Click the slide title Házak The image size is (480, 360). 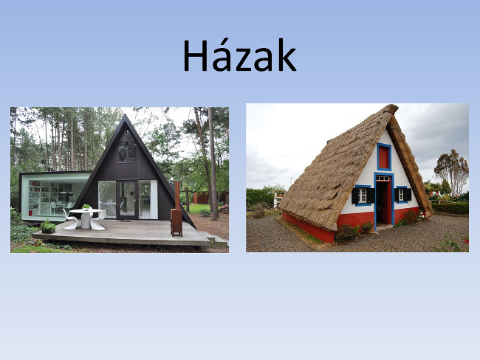point(239,55)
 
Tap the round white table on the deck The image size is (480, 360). point(86,218)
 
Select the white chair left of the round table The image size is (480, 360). point(70,219)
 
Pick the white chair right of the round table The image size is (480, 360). point(98,221)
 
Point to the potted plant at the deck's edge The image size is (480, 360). point(48,226)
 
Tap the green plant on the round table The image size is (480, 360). point(86,207)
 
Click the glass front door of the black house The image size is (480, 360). point(127,200)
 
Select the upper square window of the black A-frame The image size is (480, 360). point(127,153)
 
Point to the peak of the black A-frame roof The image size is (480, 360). point(125,114)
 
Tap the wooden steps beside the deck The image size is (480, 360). point(217,240)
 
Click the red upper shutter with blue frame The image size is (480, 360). point(384,156)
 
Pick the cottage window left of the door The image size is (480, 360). point(363,195)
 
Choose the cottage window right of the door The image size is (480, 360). point(402,195)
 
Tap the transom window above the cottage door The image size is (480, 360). point(383,178)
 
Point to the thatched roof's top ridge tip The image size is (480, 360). point(392,107)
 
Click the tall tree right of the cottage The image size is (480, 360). point(451,172)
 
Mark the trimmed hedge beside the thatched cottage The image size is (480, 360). point(450,208)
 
